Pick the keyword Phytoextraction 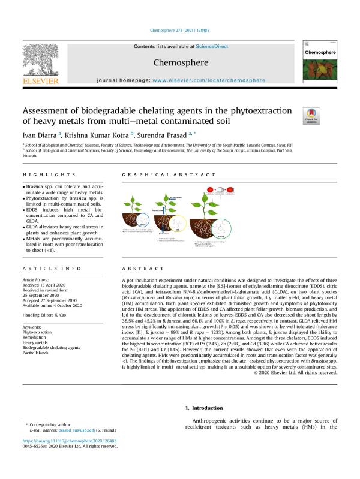click(38, 314)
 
